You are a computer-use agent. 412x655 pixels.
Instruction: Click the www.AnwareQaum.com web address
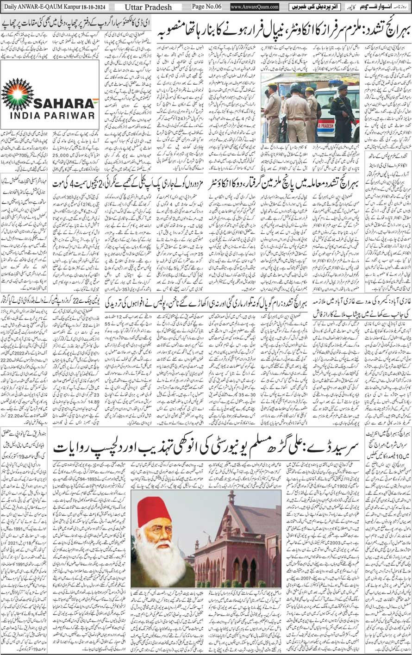pyautogui.click(x=255, y=7)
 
